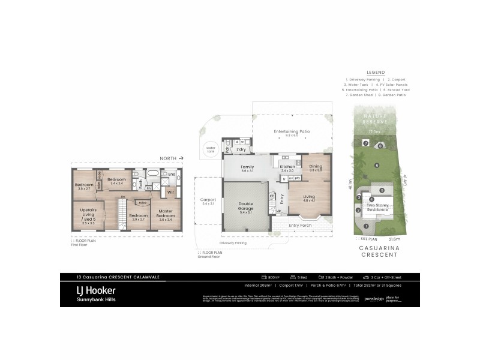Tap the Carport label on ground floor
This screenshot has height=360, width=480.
coord(208,200)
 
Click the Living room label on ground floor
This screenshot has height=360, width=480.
coord(309,196)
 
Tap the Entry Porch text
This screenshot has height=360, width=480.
coord(301,226)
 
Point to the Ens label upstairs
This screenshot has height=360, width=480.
coord(172,175)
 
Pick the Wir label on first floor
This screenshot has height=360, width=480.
coord(170,193)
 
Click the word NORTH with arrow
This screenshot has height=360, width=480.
coord(167,158)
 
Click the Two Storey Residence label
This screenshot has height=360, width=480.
coord(378,206)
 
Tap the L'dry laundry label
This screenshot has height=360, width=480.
coord(242,148)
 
